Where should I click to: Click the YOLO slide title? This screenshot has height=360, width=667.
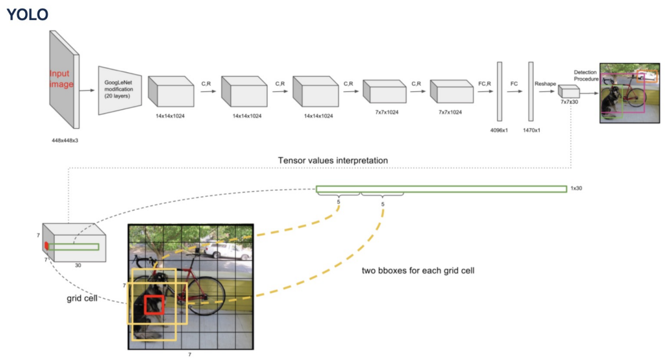point(27,14)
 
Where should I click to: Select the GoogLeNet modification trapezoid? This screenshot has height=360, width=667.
point(119,89)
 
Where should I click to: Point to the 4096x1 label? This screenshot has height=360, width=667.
point(500,130)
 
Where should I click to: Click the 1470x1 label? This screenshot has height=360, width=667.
point(531,130)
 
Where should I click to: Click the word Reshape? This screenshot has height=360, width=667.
point(545,84)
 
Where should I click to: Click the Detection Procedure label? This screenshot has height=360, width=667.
point(587,75)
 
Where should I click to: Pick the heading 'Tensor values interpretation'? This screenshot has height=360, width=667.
point(333,161)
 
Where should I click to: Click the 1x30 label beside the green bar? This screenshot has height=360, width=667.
point(576,189)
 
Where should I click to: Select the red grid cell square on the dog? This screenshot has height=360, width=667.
point(154,305)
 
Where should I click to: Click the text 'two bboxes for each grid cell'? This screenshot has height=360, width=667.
point(418,271)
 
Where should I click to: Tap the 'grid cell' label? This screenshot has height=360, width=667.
point(79,298)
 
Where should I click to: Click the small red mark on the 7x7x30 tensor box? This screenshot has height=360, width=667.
point(46,246)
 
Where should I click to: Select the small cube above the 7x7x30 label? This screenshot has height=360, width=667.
point(567,91)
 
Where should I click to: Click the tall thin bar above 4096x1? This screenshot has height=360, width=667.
point(500,91)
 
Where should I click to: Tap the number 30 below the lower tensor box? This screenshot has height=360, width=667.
point(77,265)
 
